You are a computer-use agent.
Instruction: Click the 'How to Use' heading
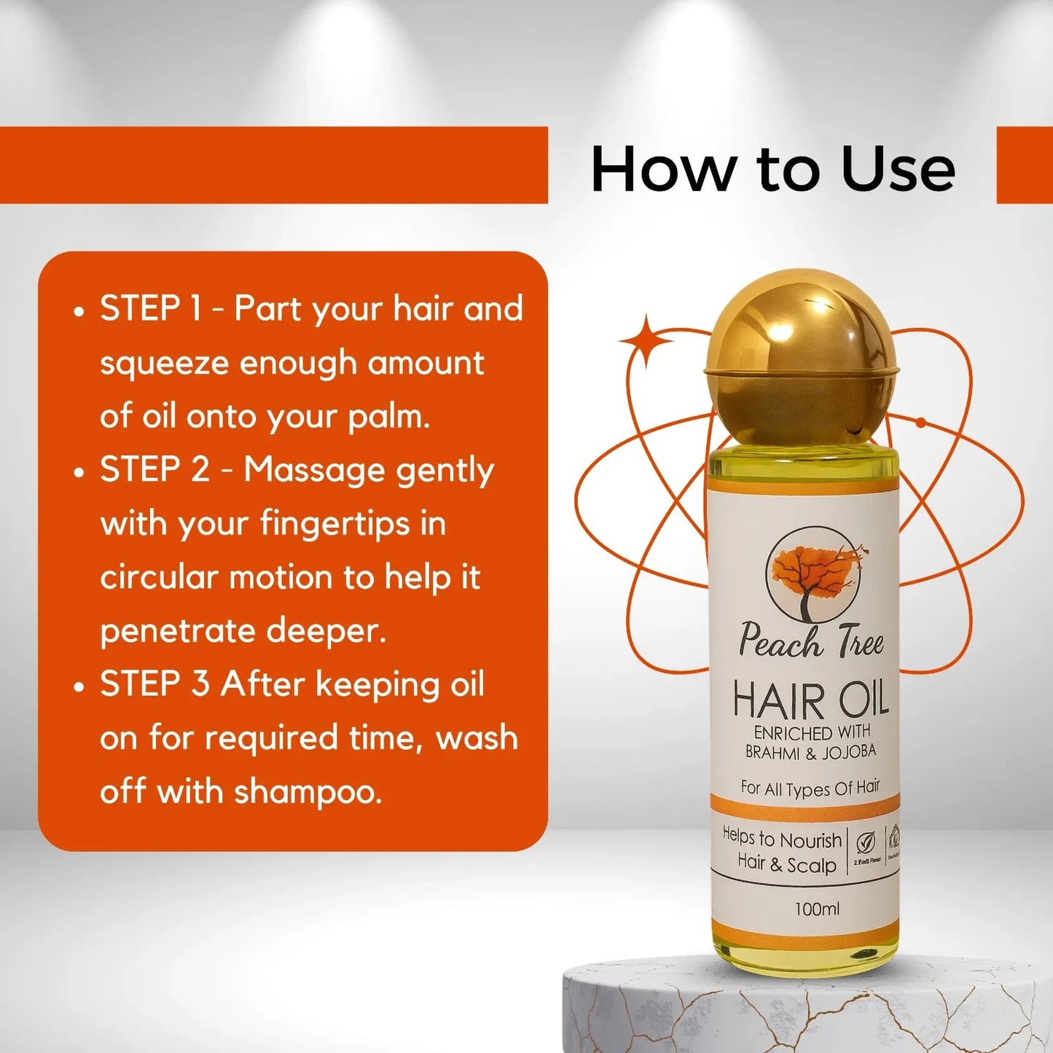772,169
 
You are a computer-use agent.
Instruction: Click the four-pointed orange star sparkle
645,341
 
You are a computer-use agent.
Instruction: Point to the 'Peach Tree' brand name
811,641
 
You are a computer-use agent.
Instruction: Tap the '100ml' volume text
817,909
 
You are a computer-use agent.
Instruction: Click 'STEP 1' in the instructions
150,308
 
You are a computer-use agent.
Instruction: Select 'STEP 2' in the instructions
154,469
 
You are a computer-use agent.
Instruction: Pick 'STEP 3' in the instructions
154,684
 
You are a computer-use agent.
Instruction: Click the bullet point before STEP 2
79,471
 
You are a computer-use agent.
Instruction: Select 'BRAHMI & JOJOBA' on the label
810,752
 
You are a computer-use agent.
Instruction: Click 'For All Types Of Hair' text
810,788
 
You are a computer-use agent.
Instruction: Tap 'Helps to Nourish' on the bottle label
781,839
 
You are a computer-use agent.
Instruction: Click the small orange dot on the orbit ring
921,423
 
